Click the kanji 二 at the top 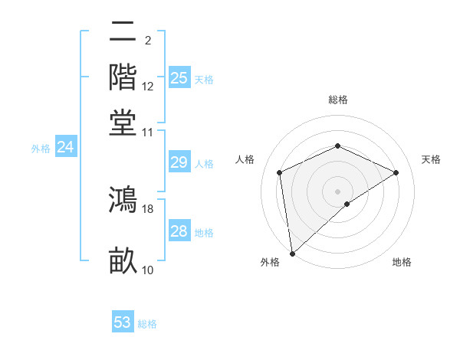(x=123, y=33)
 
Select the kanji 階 (x=123, y=77)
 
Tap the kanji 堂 (x=123, y=123)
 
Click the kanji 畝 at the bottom (x=123, y=260)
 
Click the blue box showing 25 (x=179, y=78)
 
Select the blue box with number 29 (x=179, y=162)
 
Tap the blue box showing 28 (x=179, y=231)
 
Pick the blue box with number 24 (x=65, y=147)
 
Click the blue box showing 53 (x=123, y=322)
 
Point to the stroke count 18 (x=148, y=208)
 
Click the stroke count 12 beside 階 (x=148, y=86)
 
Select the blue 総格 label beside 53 (x=147, y=324)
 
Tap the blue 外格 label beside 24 (x=41, y=149)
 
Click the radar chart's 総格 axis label (x=338, y=100)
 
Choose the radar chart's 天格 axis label (x=431, y=159)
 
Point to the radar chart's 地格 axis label (x=402, y=262)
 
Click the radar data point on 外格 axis (x=292, y=253)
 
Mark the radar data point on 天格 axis (x=396, y=172)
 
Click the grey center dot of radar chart (x=338, y=191)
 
